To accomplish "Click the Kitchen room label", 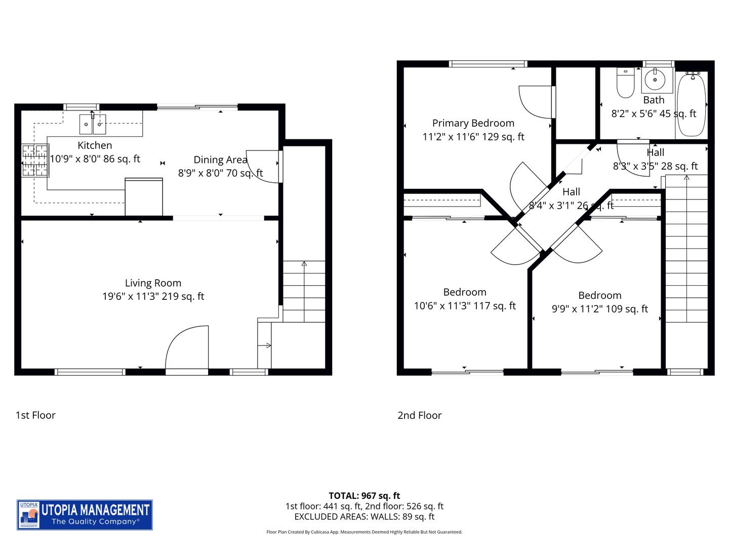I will click(x=95, y=145).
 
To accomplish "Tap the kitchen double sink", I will click(x=93, y=124).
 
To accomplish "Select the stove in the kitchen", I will click(x=35, y=161).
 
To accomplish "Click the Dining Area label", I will click(x=220, y=160).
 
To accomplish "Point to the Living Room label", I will click(x=153, y=283).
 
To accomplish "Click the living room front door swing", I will click(x=187, y=348).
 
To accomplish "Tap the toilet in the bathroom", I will click(x=626, y=84).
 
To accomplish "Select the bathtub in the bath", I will click(x=691, y=104).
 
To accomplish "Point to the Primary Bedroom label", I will click(x=473, y=123).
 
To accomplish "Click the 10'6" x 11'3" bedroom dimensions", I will click(x=465, y=306).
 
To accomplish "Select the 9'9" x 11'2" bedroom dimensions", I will click(x=599, y=309).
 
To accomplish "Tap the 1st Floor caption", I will click(x=35, y=415).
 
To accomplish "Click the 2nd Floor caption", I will click(x=419, y=415).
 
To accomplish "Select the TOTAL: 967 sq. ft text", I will click(x=364, y=496).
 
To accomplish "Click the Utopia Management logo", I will click(x=85, y=515).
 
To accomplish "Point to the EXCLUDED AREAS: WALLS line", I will click(x=364, y=517).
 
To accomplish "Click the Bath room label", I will click(x=654, y=100).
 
